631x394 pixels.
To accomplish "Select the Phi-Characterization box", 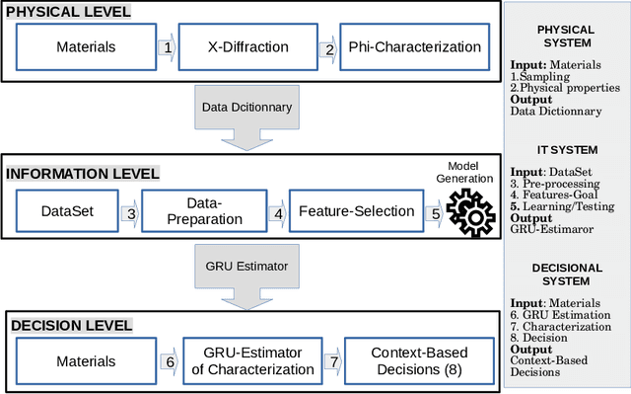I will coord(417,46).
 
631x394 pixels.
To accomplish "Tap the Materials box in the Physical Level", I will coord(86,46).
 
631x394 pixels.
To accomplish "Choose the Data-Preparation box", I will coord(205,210).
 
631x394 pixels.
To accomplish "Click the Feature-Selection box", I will coord(345,210).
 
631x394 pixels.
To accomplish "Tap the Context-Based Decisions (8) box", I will coord(419,360).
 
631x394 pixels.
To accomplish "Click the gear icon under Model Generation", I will coord(466,210).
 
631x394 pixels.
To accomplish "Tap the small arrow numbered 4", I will coord(279,211).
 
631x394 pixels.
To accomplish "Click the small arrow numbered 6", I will coord(169,361).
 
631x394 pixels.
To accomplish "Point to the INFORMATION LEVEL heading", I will coord(83,174).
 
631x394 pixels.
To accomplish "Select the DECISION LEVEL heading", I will coord(70,324).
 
